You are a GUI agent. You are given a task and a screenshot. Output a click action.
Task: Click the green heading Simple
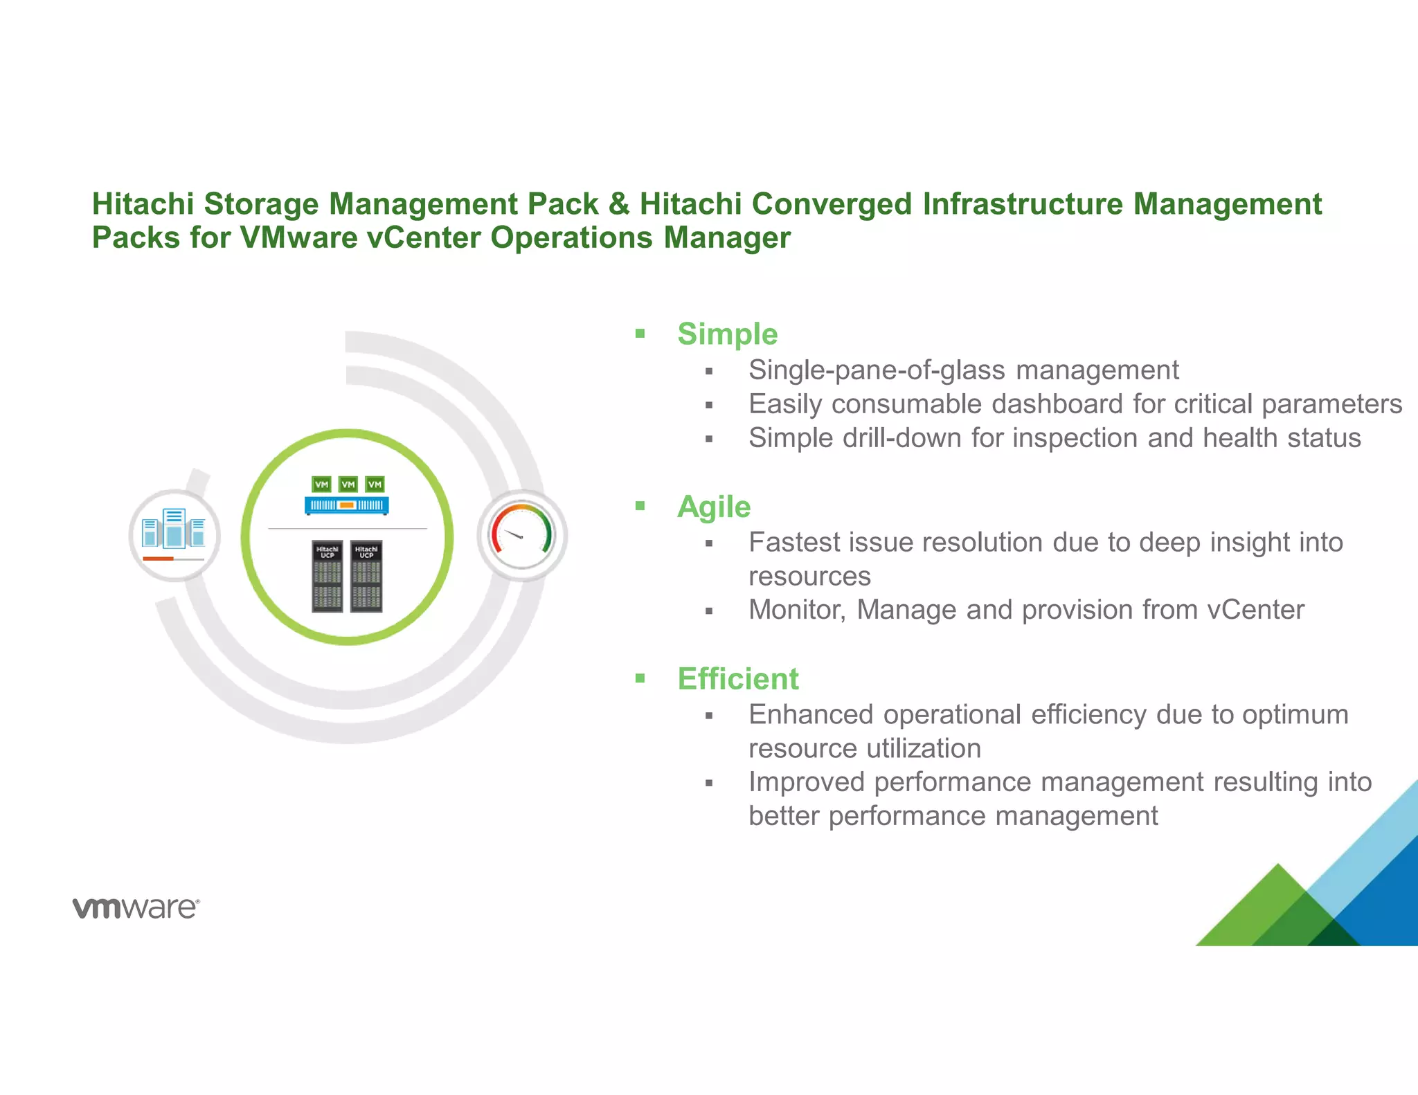tap(727, 334)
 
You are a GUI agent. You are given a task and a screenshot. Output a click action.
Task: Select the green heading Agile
tap(713, 507)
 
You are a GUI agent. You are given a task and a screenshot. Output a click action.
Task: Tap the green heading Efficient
tap(737, 679)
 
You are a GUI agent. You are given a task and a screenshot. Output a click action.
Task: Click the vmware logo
tap(136, 907)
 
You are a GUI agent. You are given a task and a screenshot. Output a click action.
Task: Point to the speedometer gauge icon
tap(522, 535)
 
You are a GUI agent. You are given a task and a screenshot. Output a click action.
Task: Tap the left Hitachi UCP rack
tap(327, 576)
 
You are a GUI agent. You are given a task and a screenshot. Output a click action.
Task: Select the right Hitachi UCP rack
tap(366, 576)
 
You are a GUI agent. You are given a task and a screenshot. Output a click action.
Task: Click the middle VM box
tap(348, 485)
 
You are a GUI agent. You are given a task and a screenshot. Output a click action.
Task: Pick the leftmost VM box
tap(321, 485)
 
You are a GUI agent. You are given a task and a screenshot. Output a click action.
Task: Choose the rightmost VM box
tap(375, 485)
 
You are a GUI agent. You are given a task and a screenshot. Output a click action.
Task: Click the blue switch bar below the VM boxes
tap(346, 505)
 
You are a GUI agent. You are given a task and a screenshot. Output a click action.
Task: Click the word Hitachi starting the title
tap(143, 204)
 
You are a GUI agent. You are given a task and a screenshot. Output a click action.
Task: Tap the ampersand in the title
tap(618, 204)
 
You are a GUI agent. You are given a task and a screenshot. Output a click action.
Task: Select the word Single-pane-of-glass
tap(877, 370)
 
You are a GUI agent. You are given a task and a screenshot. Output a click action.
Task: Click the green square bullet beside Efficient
tap(640, 678)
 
